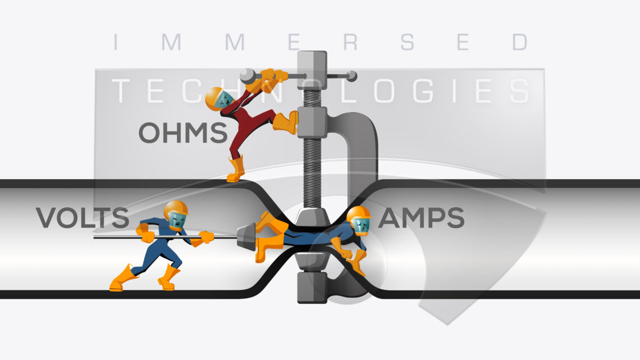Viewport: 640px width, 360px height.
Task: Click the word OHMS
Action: (183, 132)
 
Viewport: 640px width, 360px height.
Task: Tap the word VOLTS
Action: (83, 217)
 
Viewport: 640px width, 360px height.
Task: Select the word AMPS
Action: (421, 217)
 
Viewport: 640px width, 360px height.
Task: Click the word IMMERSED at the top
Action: (321, 42)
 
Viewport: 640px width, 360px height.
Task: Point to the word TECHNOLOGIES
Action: (321, 90)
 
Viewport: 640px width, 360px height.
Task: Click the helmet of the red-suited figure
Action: (213, 98)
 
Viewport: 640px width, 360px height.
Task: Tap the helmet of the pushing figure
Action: (176, 208)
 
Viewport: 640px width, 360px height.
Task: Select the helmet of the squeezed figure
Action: (358, 215)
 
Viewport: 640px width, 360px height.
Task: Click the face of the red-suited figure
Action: (225, 99)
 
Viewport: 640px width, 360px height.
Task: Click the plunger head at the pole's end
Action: (246, 237)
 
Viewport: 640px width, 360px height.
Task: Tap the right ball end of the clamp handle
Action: (351, 76)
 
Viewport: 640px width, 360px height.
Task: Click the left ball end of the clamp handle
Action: (246, 75)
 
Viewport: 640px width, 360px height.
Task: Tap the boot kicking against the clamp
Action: (286, 122)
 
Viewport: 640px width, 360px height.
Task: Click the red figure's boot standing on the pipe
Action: (236, 169)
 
